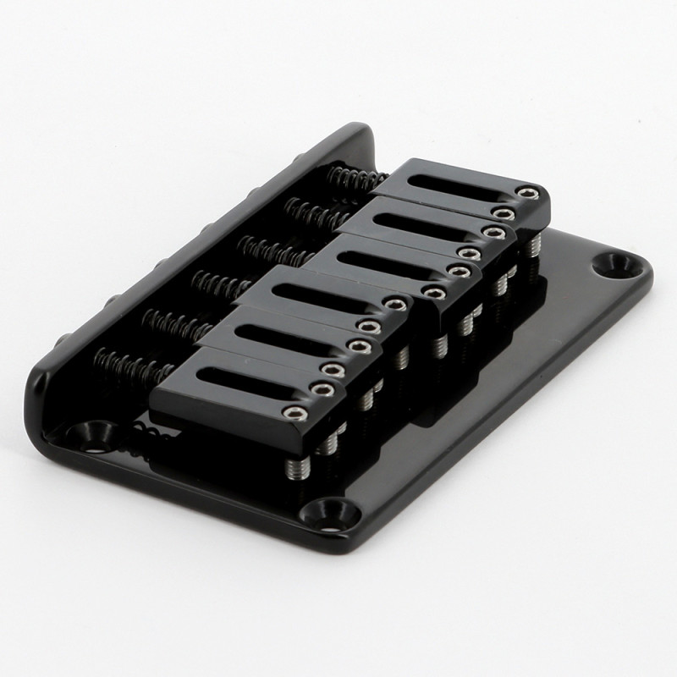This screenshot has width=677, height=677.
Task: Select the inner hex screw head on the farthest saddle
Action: pos(506,213)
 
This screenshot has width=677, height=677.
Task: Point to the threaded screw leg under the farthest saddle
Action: pos(534,246)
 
